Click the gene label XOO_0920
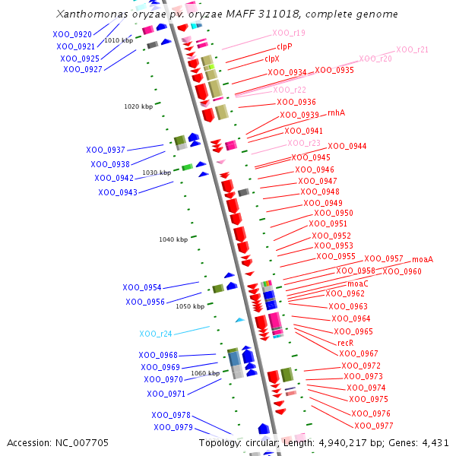(72, 34)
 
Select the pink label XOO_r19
(289, 33)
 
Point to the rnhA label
(336, 112)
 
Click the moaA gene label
(423, 259)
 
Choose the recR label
(346, 343)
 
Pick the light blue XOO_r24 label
(156, 334)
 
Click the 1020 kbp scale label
(138, 106)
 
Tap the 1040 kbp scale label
(173, 239)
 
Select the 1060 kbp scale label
(205, 373)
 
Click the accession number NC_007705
(81, 442)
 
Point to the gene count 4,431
(436, 442)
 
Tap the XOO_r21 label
(412, 49)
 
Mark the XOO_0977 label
(374, 426)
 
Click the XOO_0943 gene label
(118, 192)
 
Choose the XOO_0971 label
(166, 394)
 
